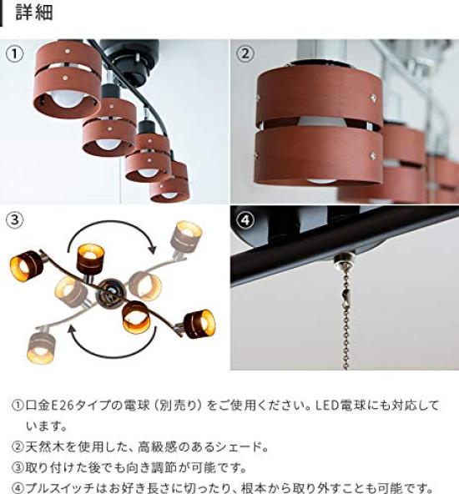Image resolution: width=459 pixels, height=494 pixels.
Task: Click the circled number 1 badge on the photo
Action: tap(16, 54)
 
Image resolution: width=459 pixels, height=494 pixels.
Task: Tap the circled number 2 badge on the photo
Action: tap(245, 54)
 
